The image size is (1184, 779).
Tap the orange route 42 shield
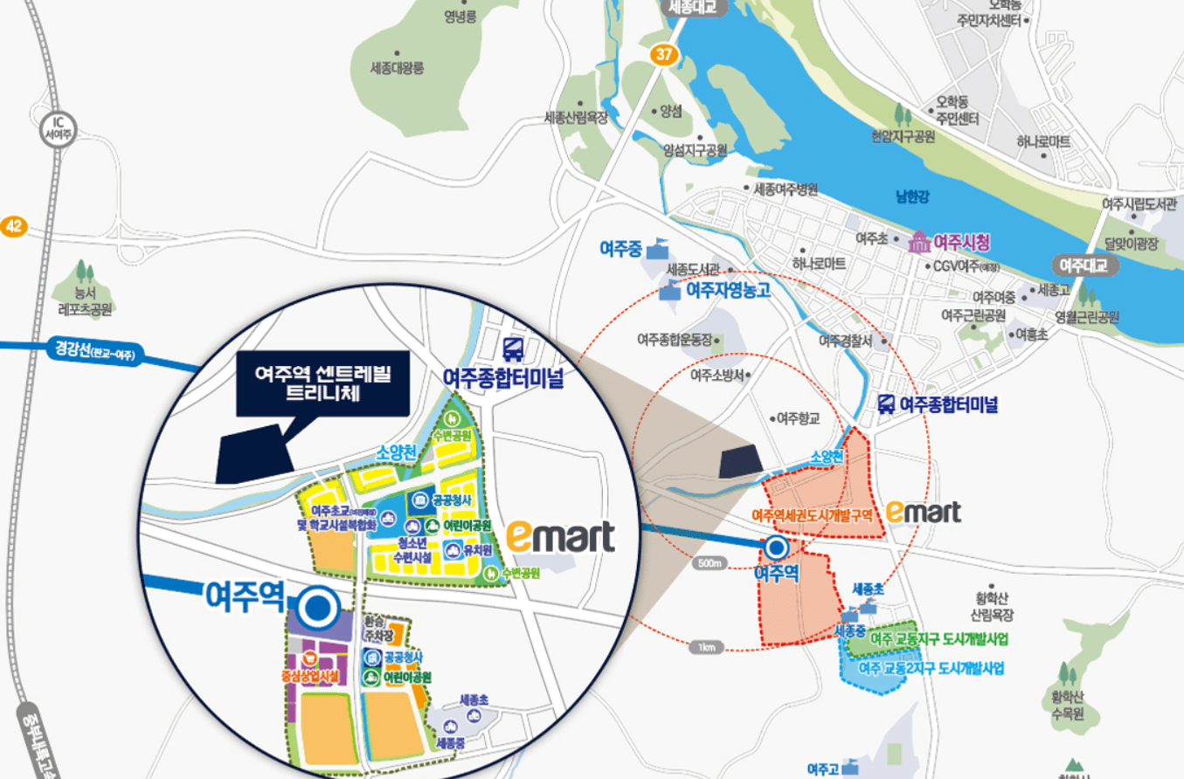tap(13, 227)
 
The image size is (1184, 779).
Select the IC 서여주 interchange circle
tap(62, 128)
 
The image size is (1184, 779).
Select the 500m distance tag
tap(710, 563)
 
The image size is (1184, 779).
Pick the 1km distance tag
tap(706, 647)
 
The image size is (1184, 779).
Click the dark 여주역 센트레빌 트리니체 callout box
tap(323, 383)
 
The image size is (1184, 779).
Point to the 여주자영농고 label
tap(728, 291)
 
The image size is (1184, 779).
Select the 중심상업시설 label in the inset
tap(309, 675)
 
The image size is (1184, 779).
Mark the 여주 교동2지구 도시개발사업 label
tap(931, 669)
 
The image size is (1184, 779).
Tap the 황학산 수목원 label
tap(1067, 705)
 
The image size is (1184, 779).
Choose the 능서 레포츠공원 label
tap(85, 300)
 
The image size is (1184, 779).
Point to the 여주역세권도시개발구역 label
tap(813, 515)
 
